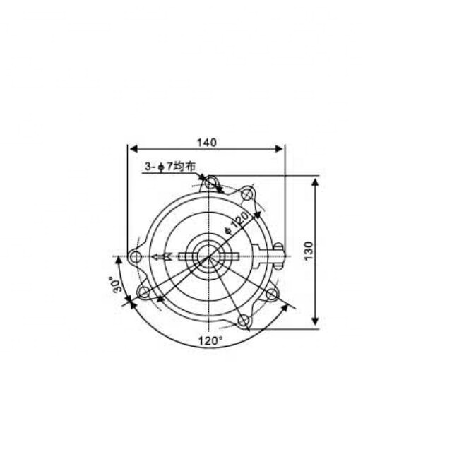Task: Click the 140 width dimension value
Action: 206,142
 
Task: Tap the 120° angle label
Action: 210,340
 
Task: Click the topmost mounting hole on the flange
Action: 210,184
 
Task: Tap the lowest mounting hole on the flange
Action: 244,321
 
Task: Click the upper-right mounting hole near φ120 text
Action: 246,194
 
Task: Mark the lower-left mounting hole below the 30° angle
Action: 145,292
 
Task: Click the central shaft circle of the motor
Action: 210,256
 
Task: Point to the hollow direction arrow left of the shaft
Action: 161,256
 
